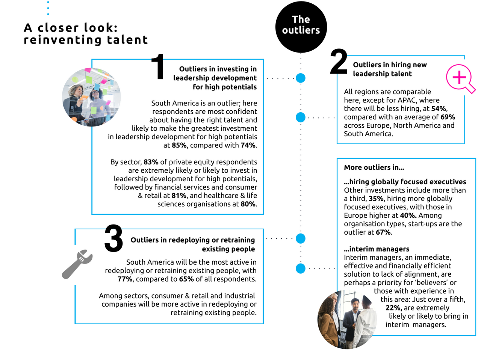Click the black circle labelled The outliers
pyautogui.click(x=301, y=27)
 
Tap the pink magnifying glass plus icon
pyautogui.click(x=460, y=78)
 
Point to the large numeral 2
pyautogui.click(x=339, y=62)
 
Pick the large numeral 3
pyautogui.click(x=113, y=238)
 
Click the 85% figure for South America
pyautogui.click(x=179, y=145)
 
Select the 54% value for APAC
pyautogui.click(x=439, y=108)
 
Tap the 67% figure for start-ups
pyautogui.click(x=383, y=232)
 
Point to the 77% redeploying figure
pyautogui.click(x=125, y=279)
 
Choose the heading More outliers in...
pyautogui.click(x=374, y=167)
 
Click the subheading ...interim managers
pyautogui.click(x=377, y=249)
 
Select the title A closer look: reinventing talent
pyautogui.click(x=86, y=33)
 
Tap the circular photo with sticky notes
pyautogui.click(x=91, y=97)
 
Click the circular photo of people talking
pyautogui.click(x=346, y=319)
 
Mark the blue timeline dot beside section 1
pyautogui.click(x=301, y=78)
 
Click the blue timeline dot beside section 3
pyautogui.click(x=301, y=238)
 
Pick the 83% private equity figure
pyautogui.click(x=151, y=162)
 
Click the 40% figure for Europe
pyautogui.click(x=408, y=215)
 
